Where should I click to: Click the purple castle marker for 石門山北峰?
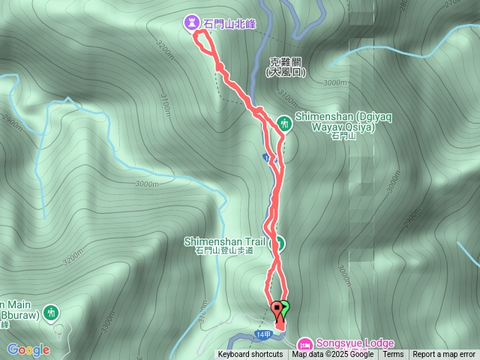tap(193, 23)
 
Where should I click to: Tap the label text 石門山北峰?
tap(229, 24)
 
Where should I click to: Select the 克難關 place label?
tap(286, 63)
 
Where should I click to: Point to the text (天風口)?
tap(286, 73)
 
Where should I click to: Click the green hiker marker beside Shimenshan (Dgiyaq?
tap(284, 121)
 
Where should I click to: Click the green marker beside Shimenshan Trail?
tap(277, 243)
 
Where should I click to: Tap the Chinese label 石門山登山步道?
tap(223, 251)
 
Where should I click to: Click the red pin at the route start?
tap(277, 308)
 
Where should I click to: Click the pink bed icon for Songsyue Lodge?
tap(306, 343)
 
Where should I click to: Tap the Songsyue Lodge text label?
tap(355, 343)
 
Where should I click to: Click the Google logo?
tap(28, 349)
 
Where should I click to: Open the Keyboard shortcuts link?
tap(250, 355)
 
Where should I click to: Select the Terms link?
tap(393, 355)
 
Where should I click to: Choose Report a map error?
tap(444, 355)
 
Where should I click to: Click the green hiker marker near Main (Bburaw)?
tap(51, 311)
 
